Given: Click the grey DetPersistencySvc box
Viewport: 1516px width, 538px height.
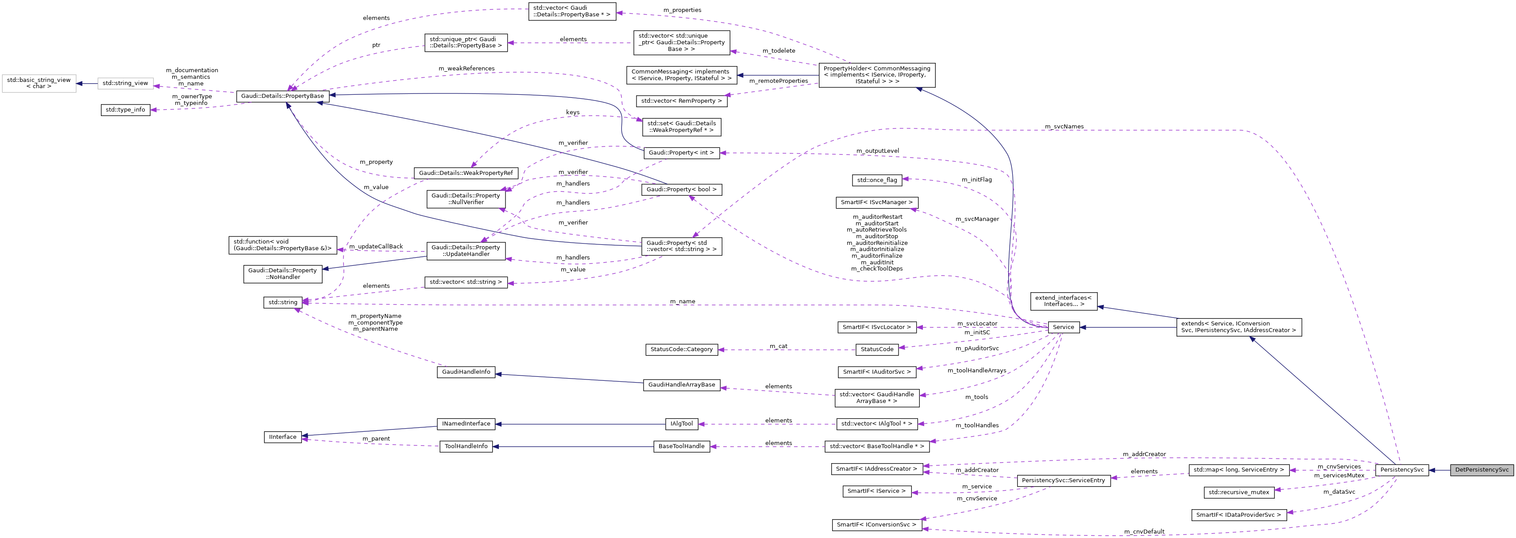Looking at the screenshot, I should (x=1481, y=470).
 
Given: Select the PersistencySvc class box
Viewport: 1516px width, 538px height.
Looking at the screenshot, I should (x=1401, y=470).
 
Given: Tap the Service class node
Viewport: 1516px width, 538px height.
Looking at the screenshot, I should (x=1063, y=327).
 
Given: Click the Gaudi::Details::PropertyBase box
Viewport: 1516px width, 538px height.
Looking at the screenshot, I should (x=282, y=96).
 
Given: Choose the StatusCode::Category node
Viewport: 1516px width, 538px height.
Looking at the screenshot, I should (x=682, y=350).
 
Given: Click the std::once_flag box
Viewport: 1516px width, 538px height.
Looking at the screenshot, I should (x=877, y=180).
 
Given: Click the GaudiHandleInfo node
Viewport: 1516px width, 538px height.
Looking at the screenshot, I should (x=466, y=372).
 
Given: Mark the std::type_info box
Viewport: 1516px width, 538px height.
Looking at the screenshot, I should (x=125, y=110).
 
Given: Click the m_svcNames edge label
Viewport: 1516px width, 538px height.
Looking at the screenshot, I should (x=1064, y=127).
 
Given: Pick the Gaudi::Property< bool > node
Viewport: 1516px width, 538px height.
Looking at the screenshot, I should (x=682, y=190).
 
